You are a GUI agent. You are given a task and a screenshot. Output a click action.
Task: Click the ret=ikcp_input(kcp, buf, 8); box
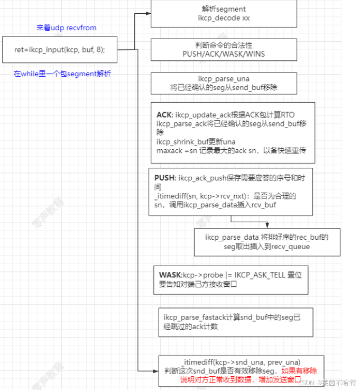click(59, 50)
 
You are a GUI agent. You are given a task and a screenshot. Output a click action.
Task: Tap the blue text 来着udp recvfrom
click(66, 28)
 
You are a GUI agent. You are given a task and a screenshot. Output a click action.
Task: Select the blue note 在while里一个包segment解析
click(62, 74)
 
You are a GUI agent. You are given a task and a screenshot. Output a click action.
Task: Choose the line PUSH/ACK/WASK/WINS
click(224, 53)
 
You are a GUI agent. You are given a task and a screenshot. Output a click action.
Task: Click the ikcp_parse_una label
click(224, 78)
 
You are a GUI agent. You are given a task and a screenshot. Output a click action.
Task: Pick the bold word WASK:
click(170, 275)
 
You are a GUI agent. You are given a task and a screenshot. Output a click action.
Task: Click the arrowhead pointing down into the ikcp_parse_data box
click(267, 225)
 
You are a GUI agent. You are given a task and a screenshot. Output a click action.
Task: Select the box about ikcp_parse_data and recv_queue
click(267, 242)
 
